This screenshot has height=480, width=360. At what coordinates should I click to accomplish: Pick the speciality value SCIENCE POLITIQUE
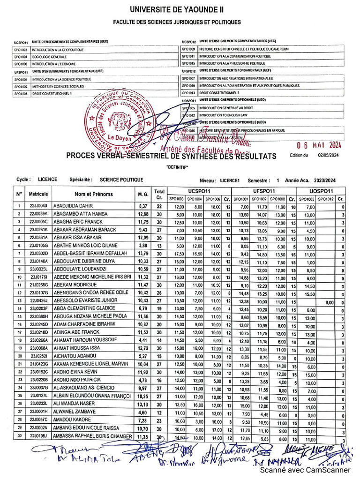click(x=121, y=180)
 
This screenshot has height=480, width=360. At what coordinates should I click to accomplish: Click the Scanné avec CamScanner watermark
click(x=305, y=470)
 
